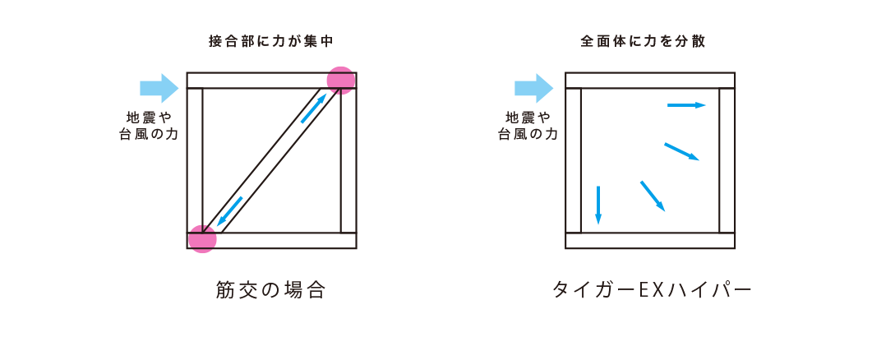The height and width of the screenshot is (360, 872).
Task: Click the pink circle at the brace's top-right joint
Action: [340, 80]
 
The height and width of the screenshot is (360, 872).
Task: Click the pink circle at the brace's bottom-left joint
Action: [202, 238]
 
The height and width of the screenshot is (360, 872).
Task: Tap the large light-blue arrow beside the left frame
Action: [159, 88]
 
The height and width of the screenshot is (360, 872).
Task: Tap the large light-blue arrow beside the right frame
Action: [533, 88]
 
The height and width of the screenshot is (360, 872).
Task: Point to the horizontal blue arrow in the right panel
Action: [687, 105]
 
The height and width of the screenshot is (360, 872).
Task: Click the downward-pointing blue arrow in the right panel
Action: [597, 205]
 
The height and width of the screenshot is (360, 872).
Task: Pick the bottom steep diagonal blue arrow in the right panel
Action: [653, 196]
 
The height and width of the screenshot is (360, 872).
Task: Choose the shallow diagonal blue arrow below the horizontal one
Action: [682, 151]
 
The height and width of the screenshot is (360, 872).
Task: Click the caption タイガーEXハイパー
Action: [651, 289]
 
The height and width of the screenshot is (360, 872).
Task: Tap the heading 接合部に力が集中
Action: [270, 40]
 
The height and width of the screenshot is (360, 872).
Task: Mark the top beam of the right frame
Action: [649, 80]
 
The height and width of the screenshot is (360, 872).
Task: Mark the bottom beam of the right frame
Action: [649, 241]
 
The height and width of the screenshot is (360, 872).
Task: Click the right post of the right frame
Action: [727, 160]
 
